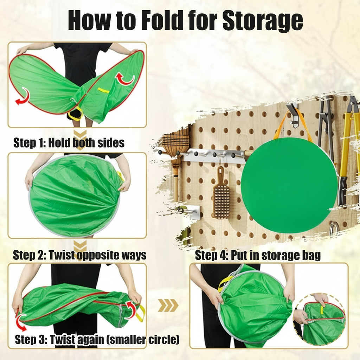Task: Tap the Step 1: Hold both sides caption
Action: click(69, 143)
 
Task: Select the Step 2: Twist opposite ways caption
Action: click(79, 255)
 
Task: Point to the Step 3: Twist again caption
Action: click(97, 340)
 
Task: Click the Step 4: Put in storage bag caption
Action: click(258, 256)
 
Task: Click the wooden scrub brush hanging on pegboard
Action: click(221, 195)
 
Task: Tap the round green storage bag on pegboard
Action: click(289, 185)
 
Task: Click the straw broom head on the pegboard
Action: click(176, 144)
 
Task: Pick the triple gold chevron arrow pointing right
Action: click(168, 306)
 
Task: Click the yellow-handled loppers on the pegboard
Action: click(348, 148)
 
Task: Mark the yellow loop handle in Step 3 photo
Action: click(140, 313)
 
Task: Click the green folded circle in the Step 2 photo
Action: click(74, 195)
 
